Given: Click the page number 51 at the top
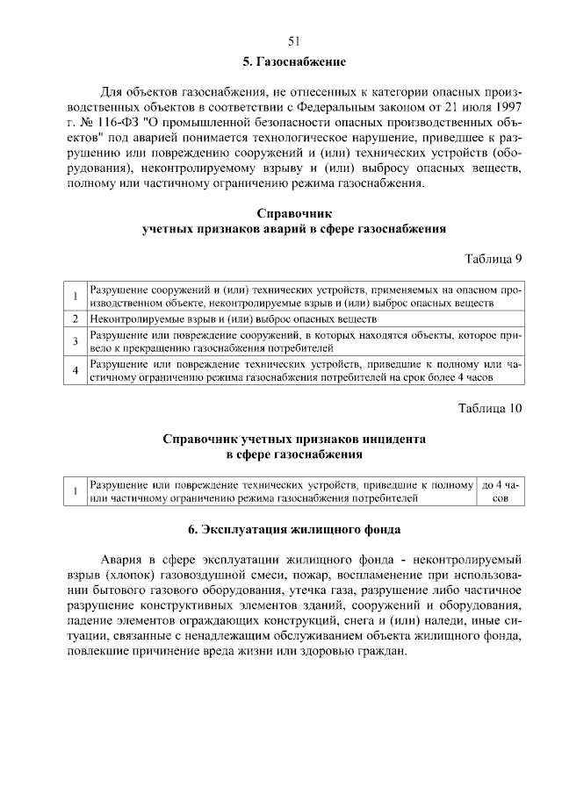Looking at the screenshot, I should (x=294, y=40).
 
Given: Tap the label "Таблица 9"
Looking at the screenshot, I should (x=493, y=258).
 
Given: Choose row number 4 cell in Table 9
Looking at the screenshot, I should (x=76, y=371).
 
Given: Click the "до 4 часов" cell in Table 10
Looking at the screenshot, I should (x=500, y=490).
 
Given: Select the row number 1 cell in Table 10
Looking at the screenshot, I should (x=76, y=490).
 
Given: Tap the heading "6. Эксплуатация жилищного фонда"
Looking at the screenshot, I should (x=294, y=530).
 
